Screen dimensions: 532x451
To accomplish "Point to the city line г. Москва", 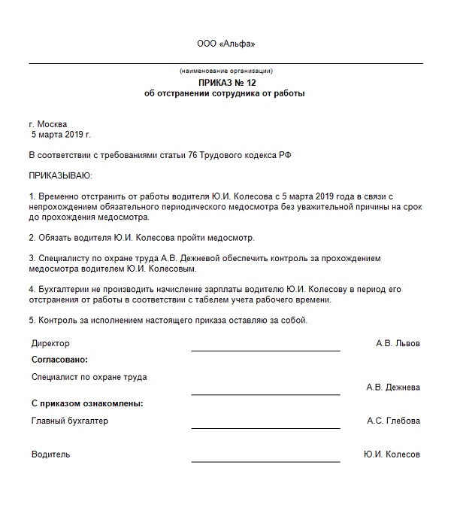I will tap(48, 124).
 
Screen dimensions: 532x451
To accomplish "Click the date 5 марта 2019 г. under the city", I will tap(61, 135).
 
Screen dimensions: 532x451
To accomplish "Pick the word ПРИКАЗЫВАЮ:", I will tap(60, 175).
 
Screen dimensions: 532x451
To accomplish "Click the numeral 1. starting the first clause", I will tap(32, 196).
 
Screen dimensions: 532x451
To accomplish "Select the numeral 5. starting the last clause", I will tap(32, 321).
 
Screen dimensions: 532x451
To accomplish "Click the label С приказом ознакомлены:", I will tap(87, 403).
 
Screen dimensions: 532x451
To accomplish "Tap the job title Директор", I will tap(50, 343).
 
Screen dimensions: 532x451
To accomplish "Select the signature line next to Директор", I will tap(265, 351).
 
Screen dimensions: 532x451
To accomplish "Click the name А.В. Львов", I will tap(398, 343).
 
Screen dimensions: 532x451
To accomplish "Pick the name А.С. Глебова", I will tap(393, 421).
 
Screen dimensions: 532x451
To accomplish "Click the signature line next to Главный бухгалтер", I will tap(265, 427).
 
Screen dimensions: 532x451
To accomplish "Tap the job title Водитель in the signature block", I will tap(50, 454).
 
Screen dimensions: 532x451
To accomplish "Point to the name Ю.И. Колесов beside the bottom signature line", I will tap(391, 454).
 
